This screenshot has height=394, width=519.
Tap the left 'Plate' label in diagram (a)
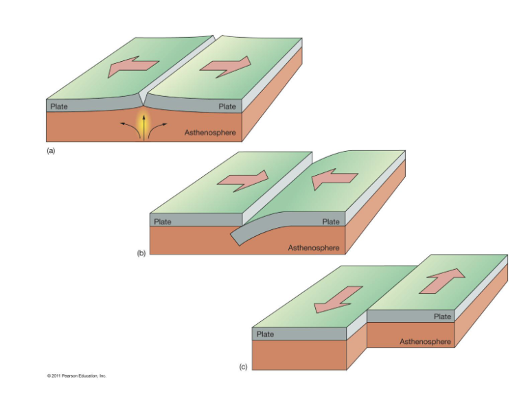pyautogui.click(x=59, y=106)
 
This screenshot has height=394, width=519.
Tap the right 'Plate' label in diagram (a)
pyautogui.click(x=227, y=106)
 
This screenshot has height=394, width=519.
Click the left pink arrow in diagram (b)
pyautogui.click(x=240, y=178)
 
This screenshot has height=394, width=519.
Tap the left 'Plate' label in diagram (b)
pyautogui.click(x=163, y=221)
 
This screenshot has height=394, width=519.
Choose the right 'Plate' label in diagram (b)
pyautogui.click(x=331, y=221)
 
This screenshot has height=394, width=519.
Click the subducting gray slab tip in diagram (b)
pyautogui.click(x=235, y=237)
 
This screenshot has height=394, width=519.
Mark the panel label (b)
pyautogui.click(x=142, y=253)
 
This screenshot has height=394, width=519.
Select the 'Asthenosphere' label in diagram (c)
pyautogui.click(x=426, y=340)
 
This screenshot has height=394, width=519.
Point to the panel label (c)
pyautogui.click(x=243, y=367)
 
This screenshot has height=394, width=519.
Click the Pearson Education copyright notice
pyautogui.click(x=76, y=375)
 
